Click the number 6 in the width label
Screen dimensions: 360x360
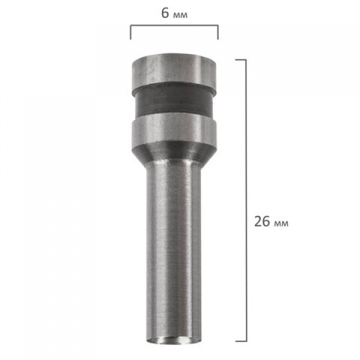(165, 13)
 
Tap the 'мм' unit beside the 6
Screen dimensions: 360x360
(180, 15)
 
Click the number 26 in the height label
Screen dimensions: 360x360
(262, 221)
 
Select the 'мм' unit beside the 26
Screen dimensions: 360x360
(281, 224)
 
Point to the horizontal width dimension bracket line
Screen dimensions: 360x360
(174, 25)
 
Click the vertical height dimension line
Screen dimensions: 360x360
(247, 200)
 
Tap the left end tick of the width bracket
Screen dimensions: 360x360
(131, 32)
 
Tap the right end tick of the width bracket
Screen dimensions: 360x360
(218, 32)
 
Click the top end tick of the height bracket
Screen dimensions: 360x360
(241, 59)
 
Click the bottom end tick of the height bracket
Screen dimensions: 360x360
(241, 341)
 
